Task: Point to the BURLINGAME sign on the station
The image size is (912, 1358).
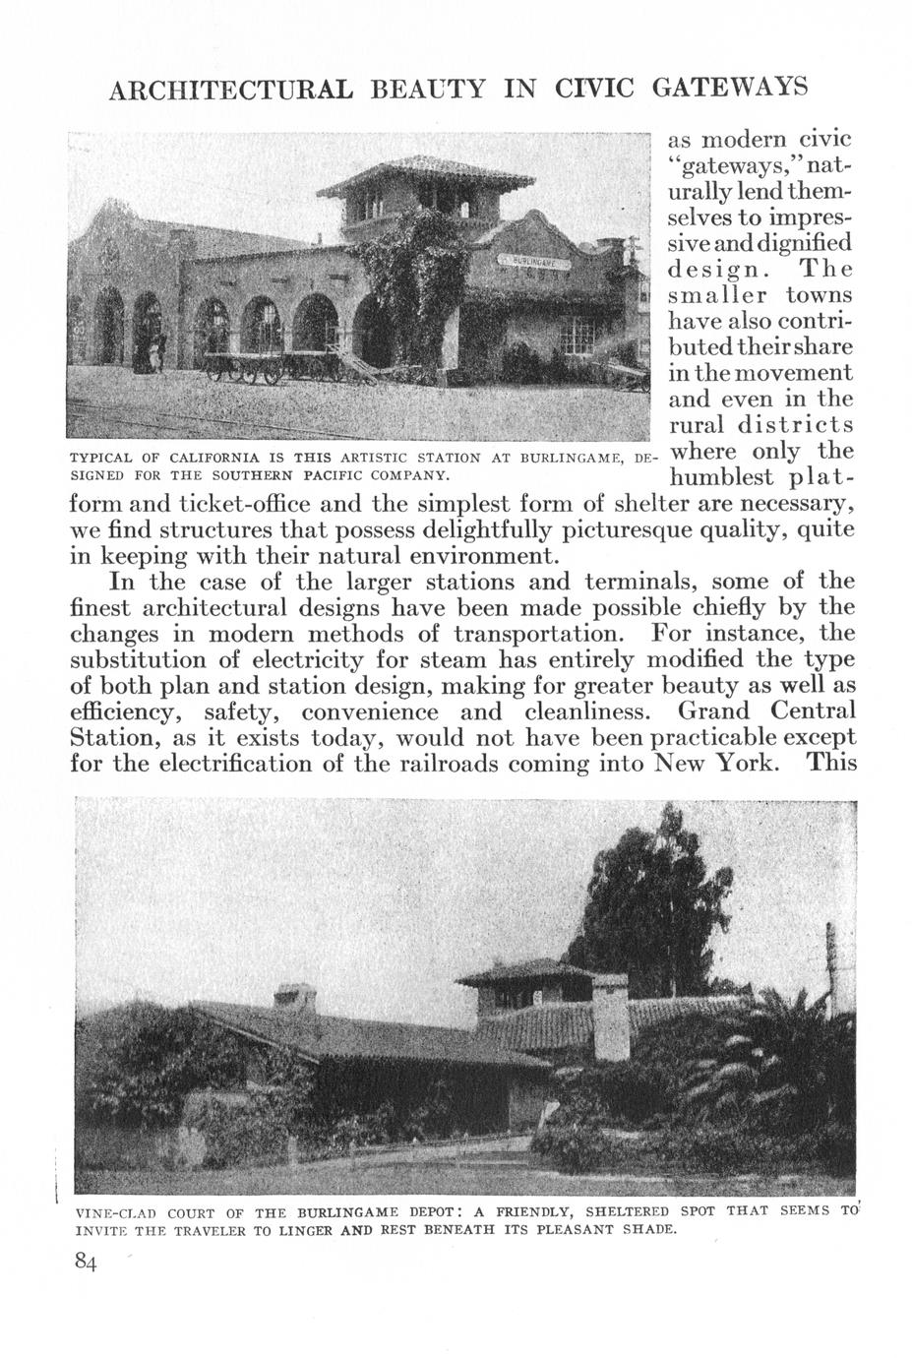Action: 532,263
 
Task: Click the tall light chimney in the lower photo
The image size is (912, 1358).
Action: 611,1017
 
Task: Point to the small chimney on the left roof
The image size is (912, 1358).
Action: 294,996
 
